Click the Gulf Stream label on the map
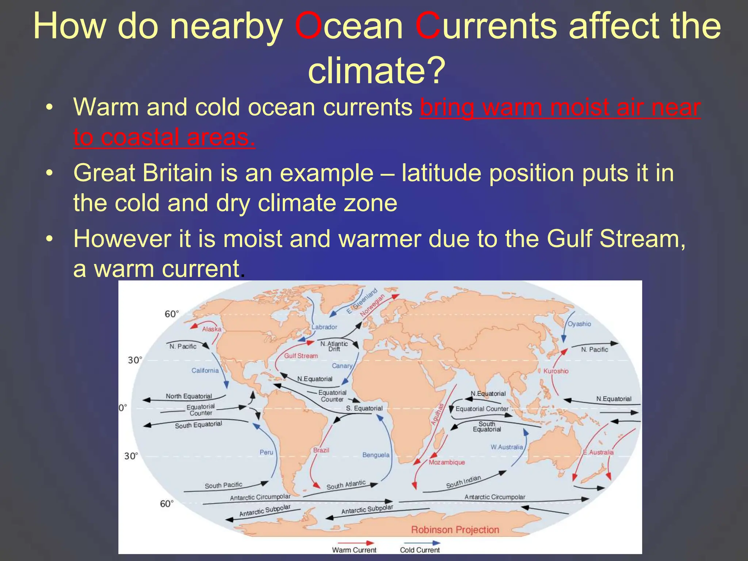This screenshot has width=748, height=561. tap(301, 356)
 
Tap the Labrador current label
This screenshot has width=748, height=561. tap(324, 327)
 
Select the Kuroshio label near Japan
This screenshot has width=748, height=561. tap(556, 371)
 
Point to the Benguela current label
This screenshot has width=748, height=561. tap(376, 455)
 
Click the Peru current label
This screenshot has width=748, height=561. tap(266, 452)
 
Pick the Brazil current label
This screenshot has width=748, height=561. tap(321, 450)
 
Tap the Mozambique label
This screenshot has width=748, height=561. tap(447, 462)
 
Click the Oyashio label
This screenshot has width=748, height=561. tap(579, 324)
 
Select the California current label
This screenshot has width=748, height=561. tap(205, 370)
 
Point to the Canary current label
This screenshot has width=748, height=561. tap(342, 366)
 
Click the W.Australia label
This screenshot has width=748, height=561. tap(507, 447)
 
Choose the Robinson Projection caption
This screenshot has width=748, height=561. tap(455, 530)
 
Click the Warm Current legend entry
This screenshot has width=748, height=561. tap(354, 550)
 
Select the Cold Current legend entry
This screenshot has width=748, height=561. tap(420, 550)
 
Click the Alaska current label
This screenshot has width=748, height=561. tap(212, 329)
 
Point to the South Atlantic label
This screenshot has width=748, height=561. tap(346, 485)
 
